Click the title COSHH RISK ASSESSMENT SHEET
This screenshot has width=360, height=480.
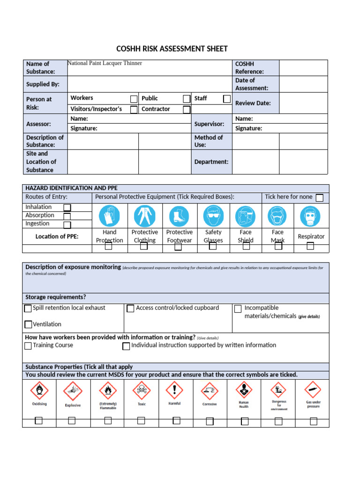pos(172,49)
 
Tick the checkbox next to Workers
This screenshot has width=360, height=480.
pos(134,99)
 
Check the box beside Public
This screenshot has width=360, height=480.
pos(187,99)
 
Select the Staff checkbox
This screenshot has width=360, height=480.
pos(227,99)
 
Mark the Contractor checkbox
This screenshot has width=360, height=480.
pos(187,110)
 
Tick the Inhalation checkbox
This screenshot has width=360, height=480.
pos(67,208)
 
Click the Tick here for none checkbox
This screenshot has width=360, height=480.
pos(319,198)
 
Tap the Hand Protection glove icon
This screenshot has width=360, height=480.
pos(109,216)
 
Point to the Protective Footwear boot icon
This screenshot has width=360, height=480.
pos(179,216)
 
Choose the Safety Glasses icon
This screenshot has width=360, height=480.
pos(213,216)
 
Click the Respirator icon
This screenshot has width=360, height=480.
pos(310,216)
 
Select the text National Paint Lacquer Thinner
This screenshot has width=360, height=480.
pos(105,63)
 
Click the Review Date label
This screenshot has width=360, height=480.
pos(253,103)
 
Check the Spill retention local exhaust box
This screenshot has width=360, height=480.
pos(28,308)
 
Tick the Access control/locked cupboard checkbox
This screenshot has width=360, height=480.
pos(130,308)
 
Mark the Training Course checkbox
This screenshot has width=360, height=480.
pos(28,346)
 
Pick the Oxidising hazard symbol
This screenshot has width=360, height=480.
pos(39,390)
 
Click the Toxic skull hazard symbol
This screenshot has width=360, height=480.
pos(141,390)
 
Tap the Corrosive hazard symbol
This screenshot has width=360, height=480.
pos(210,390)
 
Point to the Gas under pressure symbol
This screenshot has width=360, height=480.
pos(313,390)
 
